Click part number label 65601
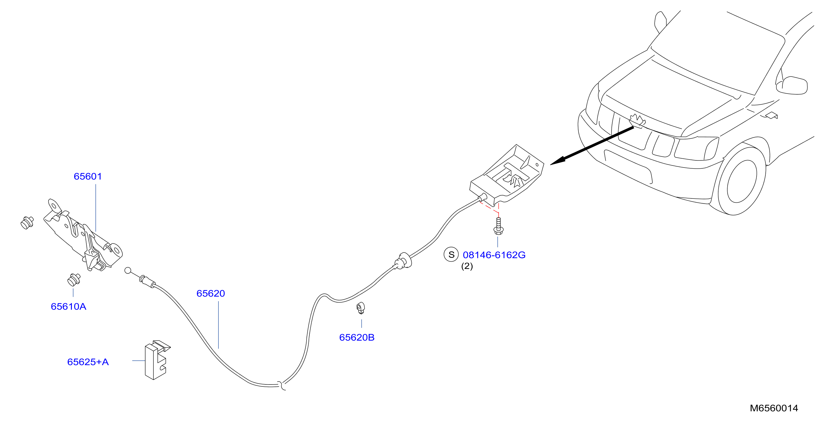(88, 177)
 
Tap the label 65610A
(68, 307)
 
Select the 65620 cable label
(211, 293)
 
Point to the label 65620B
(357, 337)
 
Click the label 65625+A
(88, 362)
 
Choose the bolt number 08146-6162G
(494, 255)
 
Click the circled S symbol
(451, 255)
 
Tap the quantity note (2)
(467, 266)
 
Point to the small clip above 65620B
(361, 308)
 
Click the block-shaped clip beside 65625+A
(157, 360)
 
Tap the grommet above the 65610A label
(74, 280)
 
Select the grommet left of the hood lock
(27, 222)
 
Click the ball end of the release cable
(128, 270)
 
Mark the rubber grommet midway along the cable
(403, 261)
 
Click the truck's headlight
(696, 148)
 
